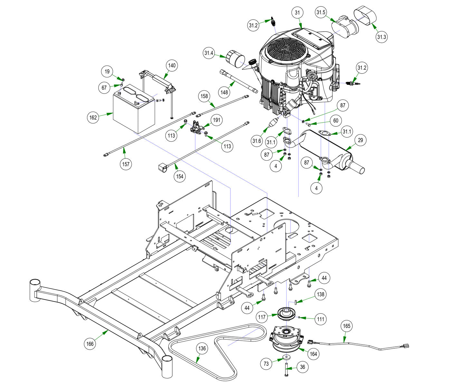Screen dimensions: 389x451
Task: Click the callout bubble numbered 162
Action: coord(93,117)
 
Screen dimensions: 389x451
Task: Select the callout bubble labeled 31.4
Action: coord(209,53)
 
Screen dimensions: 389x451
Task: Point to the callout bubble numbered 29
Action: coord(360,140)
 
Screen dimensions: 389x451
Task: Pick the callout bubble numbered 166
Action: coord(90,344)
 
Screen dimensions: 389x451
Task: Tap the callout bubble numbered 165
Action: coord(346,326)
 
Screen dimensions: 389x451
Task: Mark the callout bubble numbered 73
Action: coord(266,364)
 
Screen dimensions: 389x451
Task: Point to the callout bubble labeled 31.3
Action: coord(381,37)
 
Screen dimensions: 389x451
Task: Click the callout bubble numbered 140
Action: coord(172,65)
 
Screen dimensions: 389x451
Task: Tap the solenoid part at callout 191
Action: coord(197,126)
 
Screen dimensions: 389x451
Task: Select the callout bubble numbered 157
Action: coord(126,164)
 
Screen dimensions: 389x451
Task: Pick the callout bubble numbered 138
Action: coord(320,294)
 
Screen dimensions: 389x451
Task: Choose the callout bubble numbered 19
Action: coord(107,71)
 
